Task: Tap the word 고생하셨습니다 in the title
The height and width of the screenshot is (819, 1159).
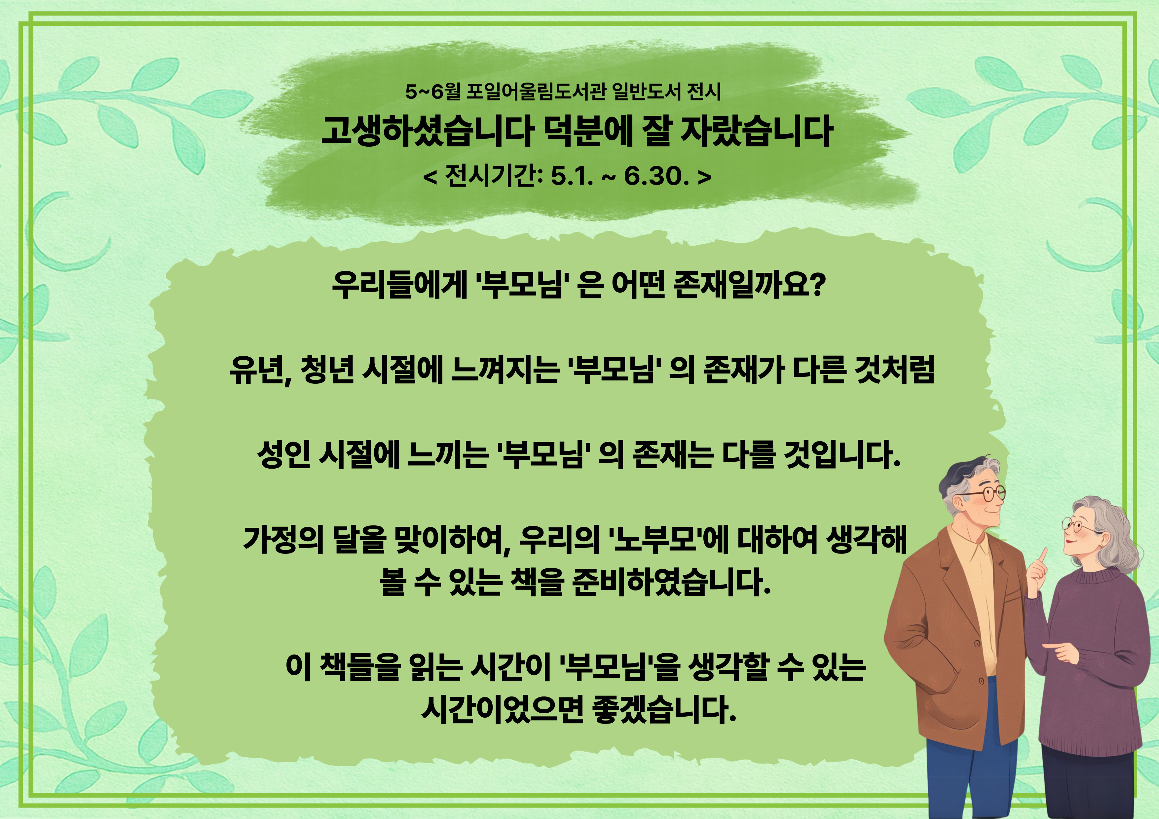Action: [427, 131]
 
